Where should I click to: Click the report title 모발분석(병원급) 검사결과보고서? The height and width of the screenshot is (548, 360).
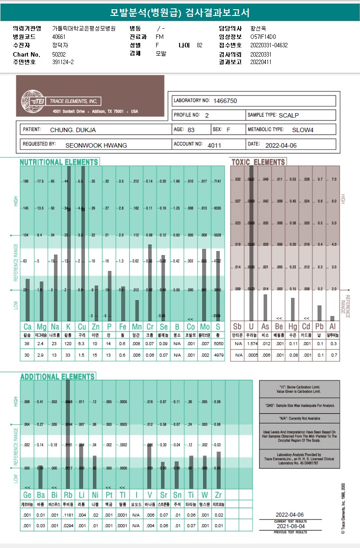coord(180,12)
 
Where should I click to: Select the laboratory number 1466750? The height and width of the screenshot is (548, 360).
coord(225,101)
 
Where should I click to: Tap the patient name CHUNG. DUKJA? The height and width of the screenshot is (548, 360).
coord(73,130)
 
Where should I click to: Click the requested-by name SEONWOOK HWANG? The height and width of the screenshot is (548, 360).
coord(96,145)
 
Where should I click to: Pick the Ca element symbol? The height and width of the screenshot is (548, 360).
coord(27,327)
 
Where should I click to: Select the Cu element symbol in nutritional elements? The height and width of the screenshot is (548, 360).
coord(82,327)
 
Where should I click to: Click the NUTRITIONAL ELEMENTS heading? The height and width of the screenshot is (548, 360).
coord(59,162)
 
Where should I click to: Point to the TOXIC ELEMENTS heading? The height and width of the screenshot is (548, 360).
coord(258,162)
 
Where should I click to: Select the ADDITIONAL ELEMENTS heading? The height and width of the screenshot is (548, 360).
coord(57,377)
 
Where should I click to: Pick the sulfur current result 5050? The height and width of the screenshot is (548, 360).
coord(218,344)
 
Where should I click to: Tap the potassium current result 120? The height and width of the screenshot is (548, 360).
coord(68,344)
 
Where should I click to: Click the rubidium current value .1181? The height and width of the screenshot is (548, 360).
coord(68,514)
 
